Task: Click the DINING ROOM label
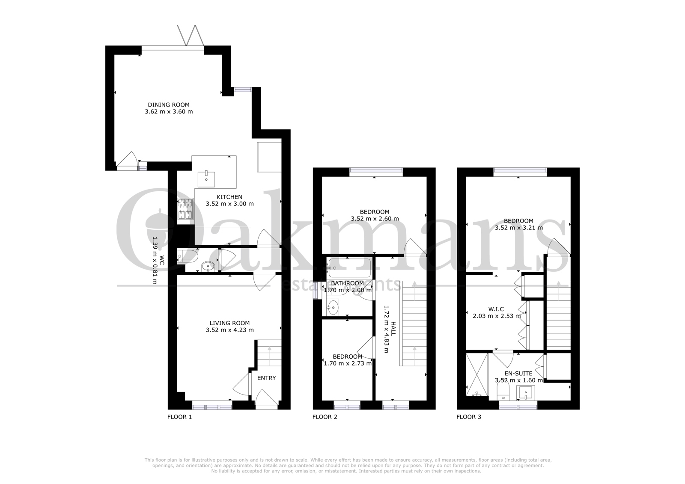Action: point(169,104)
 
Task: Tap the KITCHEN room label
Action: point(229,197)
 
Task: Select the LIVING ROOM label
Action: point(229,323)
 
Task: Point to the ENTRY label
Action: point(266,378)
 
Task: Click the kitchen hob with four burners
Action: point(185,209)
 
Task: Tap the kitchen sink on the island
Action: point(206,179)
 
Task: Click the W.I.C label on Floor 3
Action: point(497,309)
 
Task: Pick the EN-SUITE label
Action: point(518,373)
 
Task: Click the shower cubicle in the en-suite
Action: point(477,374)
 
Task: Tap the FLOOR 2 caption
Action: point(325,417)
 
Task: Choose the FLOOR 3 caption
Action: point(469,417)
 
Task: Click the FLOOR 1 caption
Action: point(179,417)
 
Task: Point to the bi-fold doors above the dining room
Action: point(190,36)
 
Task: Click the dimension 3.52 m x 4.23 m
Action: point(229,330)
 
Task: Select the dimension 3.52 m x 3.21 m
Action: point(519,228)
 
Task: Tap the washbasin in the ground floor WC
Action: point(208,266)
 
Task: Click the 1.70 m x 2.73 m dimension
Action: point(348,364)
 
